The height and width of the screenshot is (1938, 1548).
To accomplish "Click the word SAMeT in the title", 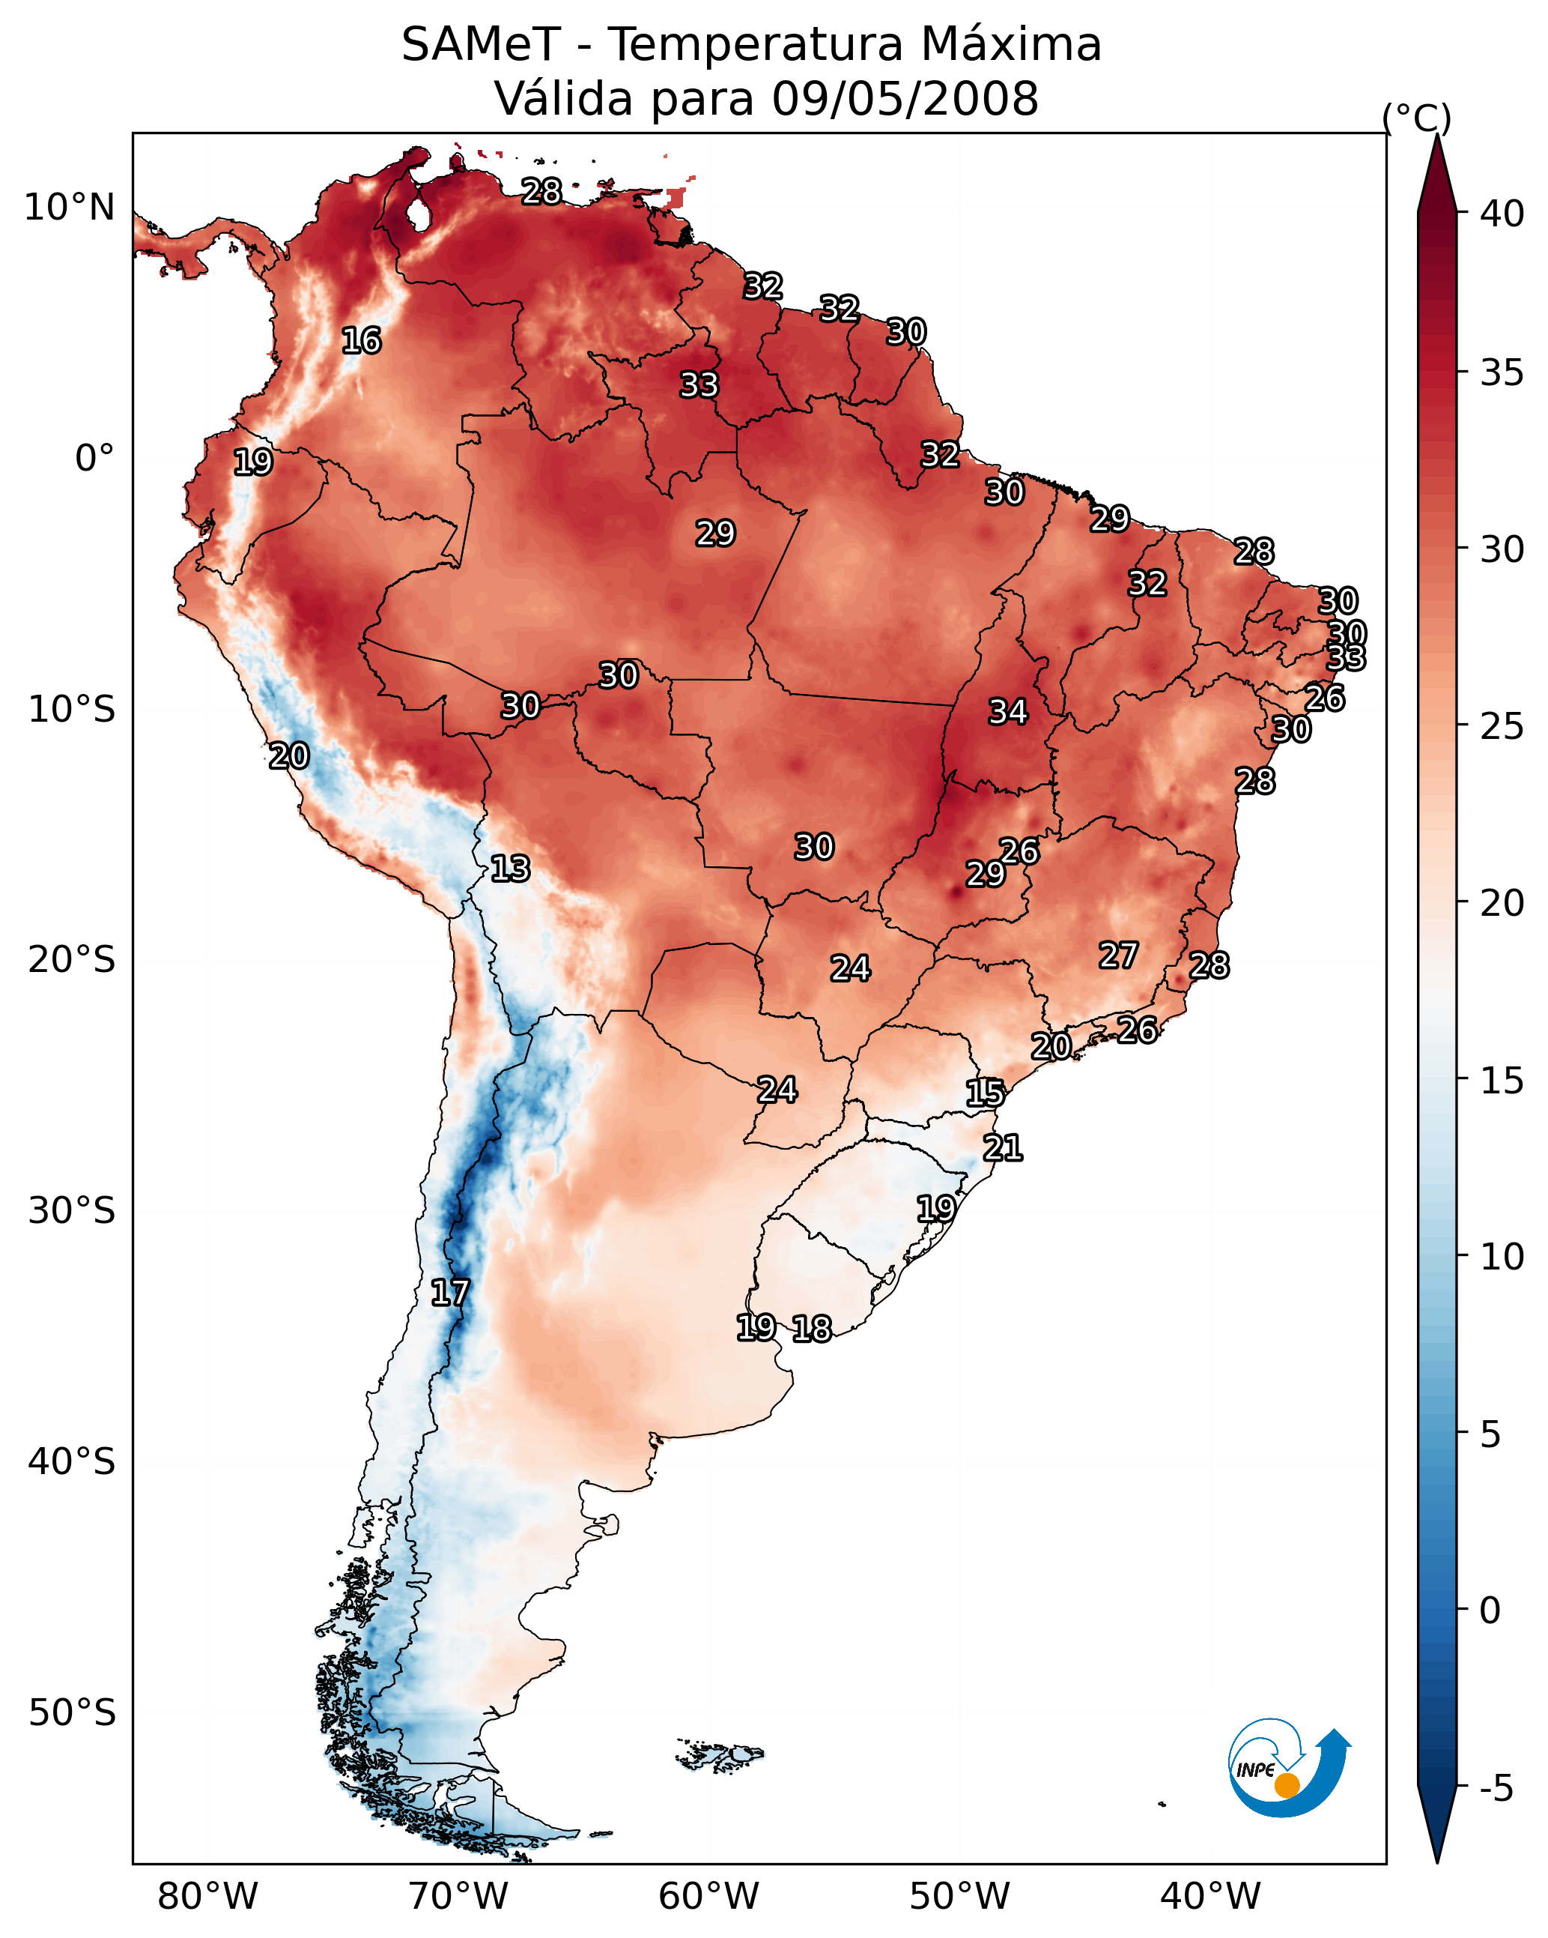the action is [x=481, y=45].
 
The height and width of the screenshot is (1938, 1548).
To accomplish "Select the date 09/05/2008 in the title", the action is [x=905, y=99].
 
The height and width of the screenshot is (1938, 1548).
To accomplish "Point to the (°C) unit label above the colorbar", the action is [x=1417, y=118].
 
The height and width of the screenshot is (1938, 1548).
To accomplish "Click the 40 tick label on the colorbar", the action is [x=1502, y=214].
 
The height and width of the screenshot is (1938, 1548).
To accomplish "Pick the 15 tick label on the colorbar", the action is [x=1502, y=1081].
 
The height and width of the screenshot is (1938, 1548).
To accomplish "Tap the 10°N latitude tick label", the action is [x=69, y=208].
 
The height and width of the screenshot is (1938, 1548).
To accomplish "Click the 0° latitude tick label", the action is [x=94, y=459].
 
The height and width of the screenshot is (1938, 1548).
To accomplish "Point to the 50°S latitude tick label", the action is [x=72, y=1713].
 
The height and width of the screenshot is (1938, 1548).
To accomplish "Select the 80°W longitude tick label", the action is [x=207, y=1897].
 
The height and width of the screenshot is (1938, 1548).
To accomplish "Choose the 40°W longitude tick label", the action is [x=1211, y=1897].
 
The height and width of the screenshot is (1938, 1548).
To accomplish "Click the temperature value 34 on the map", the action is [x=1008, y=712].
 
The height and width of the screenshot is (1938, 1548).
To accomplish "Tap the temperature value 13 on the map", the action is [x=510, y=869].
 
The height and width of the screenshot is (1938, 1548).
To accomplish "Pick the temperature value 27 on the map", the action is [x=1119, y=956].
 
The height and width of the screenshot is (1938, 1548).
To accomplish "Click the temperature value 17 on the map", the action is [x=450, y=1293].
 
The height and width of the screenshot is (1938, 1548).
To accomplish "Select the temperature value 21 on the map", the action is [x=1003, y=1148].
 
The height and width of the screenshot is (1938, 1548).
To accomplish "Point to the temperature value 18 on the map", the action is [x=812, y=1329].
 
